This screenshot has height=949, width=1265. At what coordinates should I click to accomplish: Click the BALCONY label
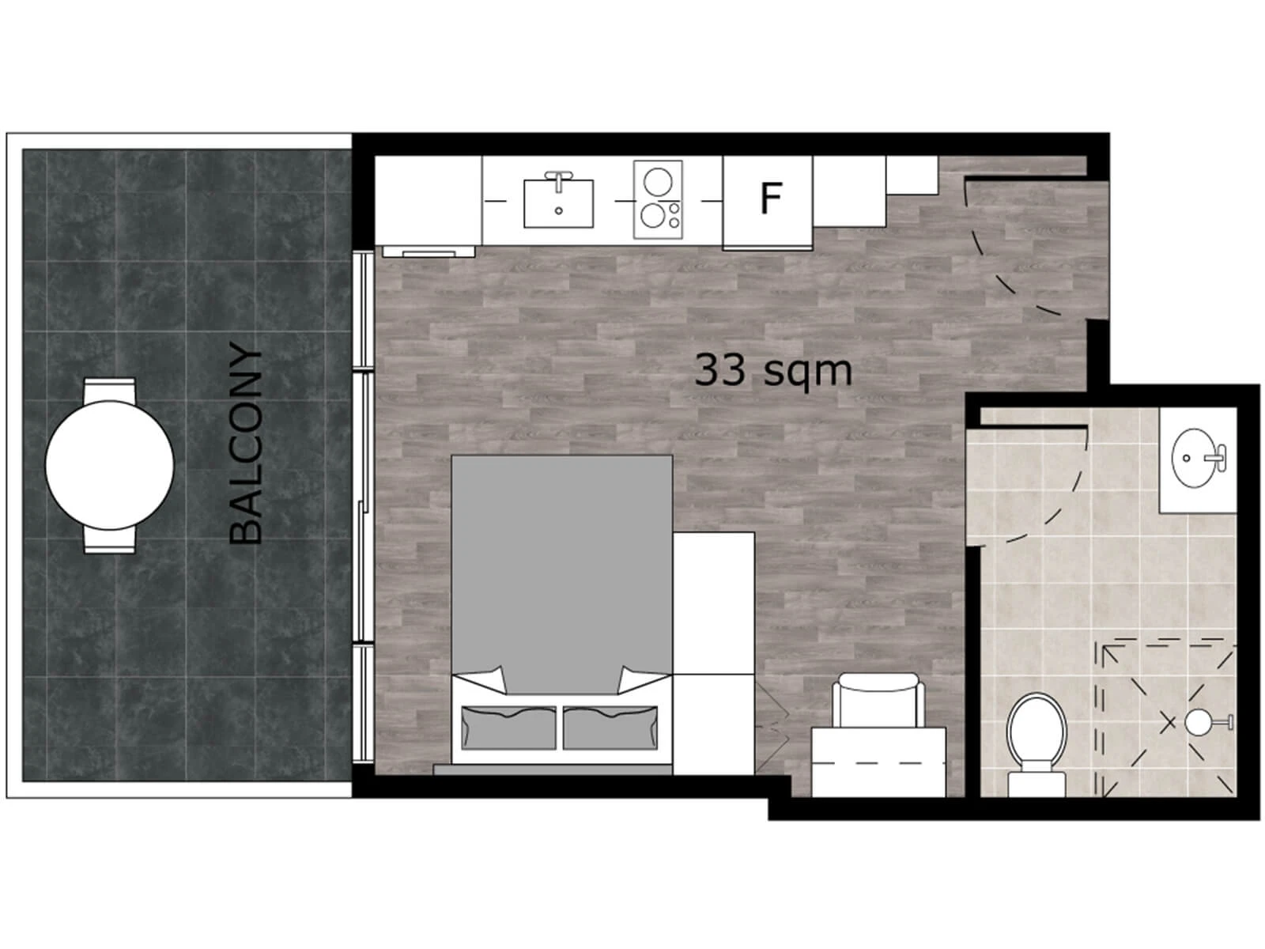click(x=246, y=444)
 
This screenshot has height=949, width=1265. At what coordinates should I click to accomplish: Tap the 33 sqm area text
click(x=772, y=371)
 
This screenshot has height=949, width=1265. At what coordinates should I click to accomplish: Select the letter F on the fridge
click(x=771, y=198)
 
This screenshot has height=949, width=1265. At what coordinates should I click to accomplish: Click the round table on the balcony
click(x=109, y=466)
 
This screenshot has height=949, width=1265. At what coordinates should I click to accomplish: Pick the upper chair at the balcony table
click(x=109, y=389)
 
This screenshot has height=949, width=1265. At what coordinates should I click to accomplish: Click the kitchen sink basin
click(x=558, y=203)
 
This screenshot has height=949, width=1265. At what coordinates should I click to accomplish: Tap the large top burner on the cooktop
click(x=658, y=182)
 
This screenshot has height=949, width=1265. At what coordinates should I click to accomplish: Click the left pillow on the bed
click(x=508, y=728)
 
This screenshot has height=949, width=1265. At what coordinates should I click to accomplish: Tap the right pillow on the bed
click(x=610, y=728)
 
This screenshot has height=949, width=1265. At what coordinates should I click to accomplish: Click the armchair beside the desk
click(x=878, y=700)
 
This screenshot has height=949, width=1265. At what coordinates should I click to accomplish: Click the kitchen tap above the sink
click(x=558, y=180)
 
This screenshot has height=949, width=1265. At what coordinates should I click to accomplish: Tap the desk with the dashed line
click(x=878, y=762)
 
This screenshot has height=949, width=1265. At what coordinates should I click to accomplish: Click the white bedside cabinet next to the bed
click(x=713, y=653)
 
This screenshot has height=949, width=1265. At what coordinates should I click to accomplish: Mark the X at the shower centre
click(x=1168, y=722)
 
